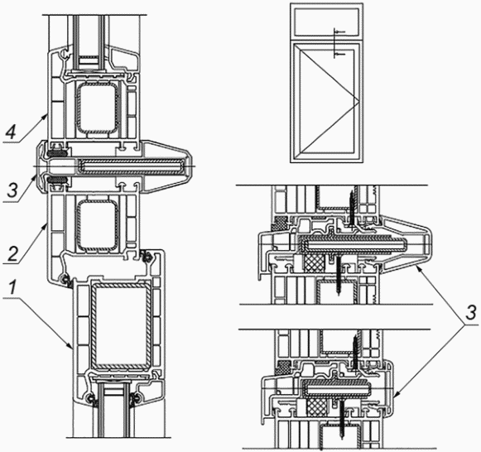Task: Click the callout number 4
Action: coord(11,132)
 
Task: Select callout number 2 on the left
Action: coord(12,253)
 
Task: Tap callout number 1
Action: coord(12,288)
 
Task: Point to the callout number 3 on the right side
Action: coord(470,314)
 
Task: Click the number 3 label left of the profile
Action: coord(12,190)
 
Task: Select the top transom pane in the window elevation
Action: coord(326,22)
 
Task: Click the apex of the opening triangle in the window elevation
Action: coord(359,100)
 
